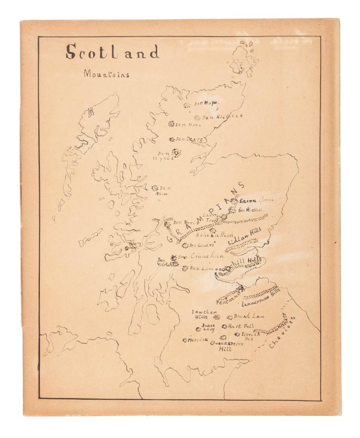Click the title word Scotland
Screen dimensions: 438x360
click(113, 52)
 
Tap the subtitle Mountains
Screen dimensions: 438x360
click(106, 74)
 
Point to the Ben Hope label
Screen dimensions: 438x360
click(206, 104)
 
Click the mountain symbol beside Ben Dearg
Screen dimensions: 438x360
click(172, 139)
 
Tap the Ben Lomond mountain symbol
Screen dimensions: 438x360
click(185, 268)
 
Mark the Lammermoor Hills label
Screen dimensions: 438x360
click(261, 297)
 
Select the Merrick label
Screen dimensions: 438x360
click(198, 340)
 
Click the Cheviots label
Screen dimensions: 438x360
click(283, 333)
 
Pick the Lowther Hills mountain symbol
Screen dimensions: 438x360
click(217, 317)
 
